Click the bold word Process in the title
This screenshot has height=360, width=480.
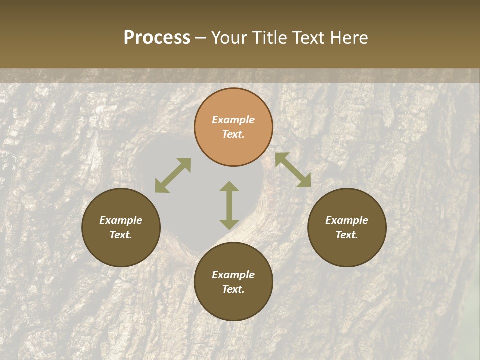[x=157, y=38]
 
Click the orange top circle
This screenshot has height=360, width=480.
[x=233, y=127]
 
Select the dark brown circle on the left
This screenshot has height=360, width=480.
[x=121, y=227]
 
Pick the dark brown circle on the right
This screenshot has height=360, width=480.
[x=347, y=227]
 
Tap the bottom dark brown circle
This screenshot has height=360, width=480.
[x=233, y=282]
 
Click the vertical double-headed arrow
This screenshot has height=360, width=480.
[x=229, y=205]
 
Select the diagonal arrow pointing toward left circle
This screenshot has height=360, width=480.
[x=173, y=175]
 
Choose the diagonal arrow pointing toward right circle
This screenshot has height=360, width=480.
[x=293, y=170]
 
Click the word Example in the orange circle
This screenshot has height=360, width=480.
[x=233, y=120]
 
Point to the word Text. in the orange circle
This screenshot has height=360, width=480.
[x=233, y=134]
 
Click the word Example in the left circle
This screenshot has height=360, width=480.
[x=121, y=220]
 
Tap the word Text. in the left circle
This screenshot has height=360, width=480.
[x=121, y=235]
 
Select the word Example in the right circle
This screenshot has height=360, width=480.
[x=347, y=220]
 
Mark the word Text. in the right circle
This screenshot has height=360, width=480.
[x=347, y=235]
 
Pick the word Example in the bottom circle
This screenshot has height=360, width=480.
[x=233, y=275]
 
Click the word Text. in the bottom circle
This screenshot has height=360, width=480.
[x=233, y=289]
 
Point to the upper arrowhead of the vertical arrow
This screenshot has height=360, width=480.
[x=229, y=186]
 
